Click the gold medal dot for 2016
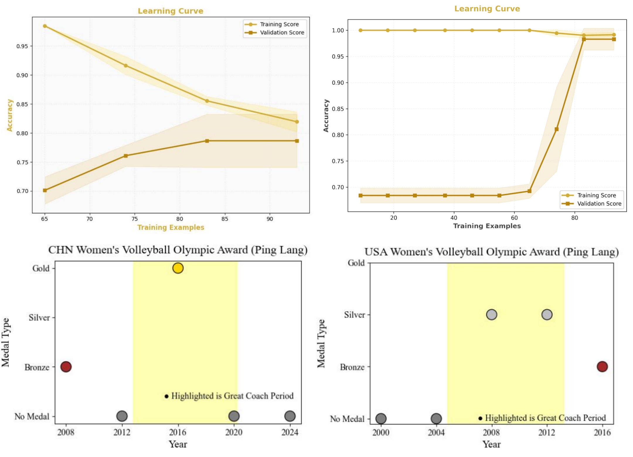tap(178, 268)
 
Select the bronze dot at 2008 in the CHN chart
tap(66, 366)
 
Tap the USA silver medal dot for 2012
tap(547, 315)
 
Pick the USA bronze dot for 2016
tap(602, 366)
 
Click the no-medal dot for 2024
tap(290, 416)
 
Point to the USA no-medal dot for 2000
tap(381, 418)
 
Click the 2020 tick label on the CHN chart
tap(234, 432)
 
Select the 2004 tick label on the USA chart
tap(436, 433)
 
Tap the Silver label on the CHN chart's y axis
tap(39, 318)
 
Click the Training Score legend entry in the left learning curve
tap(279, 24)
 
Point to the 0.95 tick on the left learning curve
tap(22, 46)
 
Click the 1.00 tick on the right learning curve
tap(338, 30)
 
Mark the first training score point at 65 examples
tap(45, 26)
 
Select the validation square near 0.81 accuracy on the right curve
tap(557, 129)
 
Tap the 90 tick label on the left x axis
tap(270, 219)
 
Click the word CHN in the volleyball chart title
tap(61, 250)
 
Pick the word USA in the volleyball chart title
tap(376, 252)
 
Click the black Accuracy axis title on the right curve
tap(326, 116)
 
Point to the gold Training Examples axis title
tap(171, 227)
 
